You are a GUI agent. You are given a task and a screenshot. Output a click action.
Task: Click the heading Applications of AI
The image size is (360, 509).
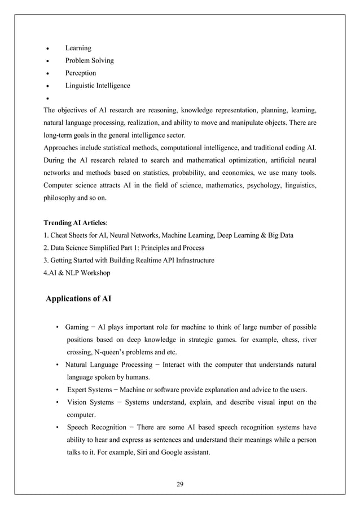click(78, 299)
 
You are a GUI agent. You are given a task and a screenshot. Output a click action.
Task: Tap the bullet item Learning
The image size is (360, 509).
click(78, 48)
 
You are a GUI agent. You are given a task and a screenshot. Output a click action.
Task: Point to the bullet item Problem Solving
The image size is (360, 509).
click(89, 60)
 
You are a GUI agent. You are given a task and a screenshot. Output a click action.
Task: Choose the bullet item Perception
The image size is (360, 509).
click(81, 73)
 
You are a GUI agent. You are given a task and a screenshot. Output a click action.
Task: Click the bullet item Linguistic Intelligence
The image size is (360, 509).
click(98, 86)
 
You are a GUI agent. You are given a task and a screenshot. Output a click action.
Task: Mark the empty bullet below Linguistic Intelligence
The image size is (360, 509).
click(49, 98)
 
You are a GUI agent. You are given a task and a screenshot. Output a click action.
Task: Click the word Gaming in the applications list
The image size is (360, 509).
click(77, 327)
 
